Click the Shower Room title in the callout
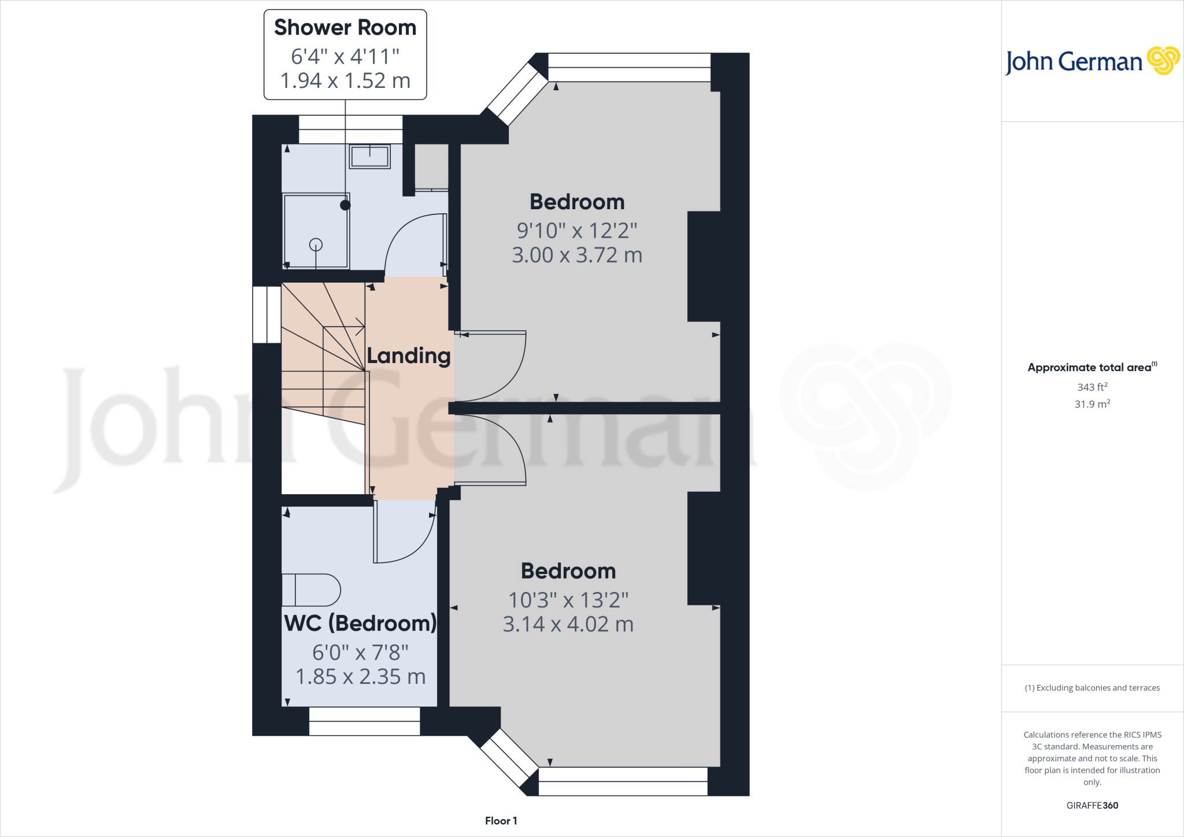click(x=345, y=28)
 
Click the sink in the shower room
click(x=369, y=156)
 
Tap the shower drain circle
click(x=316, y=245)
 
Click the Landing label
click(x=409, y=355)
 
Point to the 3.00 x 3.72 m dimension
click(x=577, y=255)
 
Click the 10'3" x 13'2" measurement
click(x=568, y=600)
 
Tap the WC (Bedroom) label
click(x=360, y=623)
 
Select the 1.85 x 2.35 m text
click(x=360, y=676)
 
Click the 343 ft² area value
click(x=1092, y=387)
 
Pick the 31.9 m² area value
click(x=1092, y=404)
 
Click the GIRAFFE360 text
click(x=1092, y=805)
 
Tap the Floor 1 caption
click(x=501, y=821)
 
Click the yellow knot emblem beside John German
click(x=1163, y=61)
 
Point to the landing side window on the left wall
click(x=267, y=314)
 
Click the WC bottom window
click(x=364, y=721)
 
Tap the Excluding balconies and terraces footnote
click(x=1092, y=688)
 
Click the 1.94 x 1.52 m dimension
click(x=345, y=80)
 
